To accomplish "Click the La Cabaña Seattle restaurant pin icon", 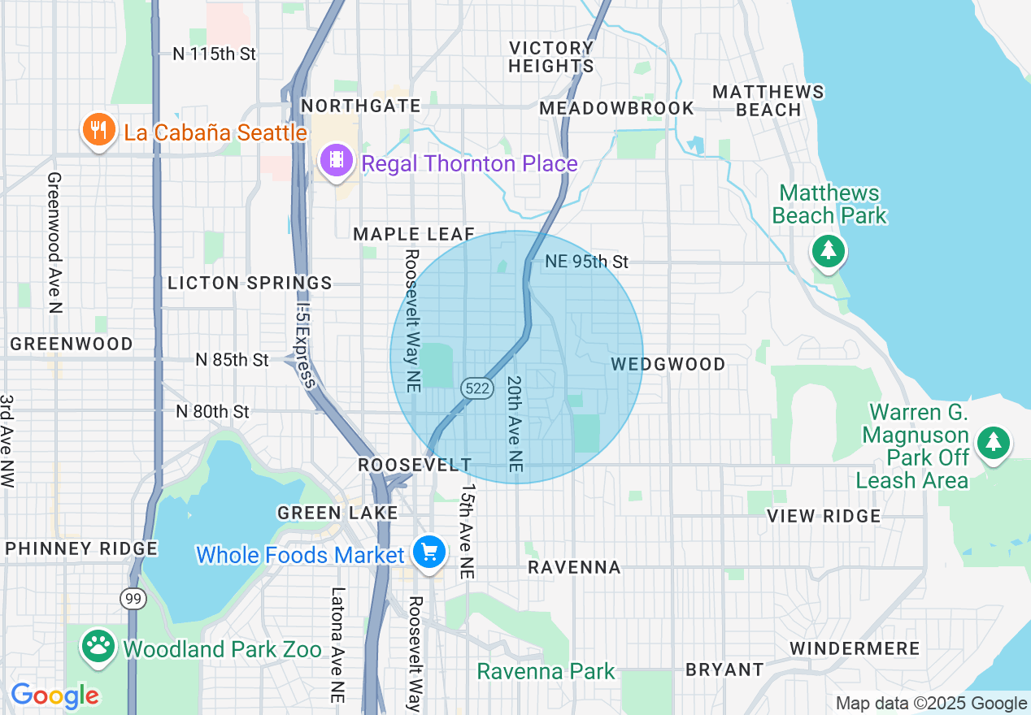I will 98,131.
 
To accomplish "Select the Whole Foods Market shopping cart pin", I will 428,553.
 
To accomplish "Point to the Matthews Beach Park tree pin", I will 829,251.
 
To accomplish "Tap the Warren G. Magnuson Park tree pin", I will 993,444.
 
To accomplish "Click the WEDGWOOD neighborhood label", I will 668,364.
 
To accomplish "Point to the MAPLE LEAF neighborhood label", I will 414,235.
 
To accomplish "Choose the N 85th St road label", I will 232,359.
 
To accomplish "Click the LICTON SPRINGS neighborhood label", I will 250,283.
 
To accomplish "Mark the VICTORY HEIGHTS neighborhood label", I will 551,57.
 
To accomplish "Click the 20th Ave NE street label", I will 514,422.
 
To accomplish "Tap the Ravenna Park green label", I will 546,672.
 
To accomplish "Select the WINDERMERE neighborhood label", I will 855,649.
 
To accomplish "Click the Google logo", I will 54,696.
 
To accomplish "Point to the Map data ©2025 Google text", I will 931,704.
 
